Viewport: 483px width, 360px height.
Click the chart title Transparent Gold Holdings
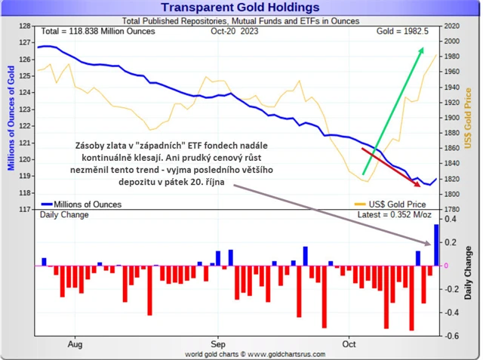[242, 8]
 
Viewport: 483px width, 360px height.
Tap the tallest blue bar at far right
[435, 245]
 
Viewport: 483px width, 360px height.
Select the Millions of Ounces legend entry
[82, 204]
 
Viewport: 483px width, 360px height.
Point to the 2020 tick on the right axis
[452, 26]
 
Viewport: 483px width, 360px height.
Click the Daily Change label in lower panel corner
[63, 215]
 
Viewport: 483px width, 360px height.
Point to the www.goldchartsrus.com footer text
[241, 352]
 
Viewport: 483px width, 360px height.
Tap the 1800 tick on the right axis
[452, 194]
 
